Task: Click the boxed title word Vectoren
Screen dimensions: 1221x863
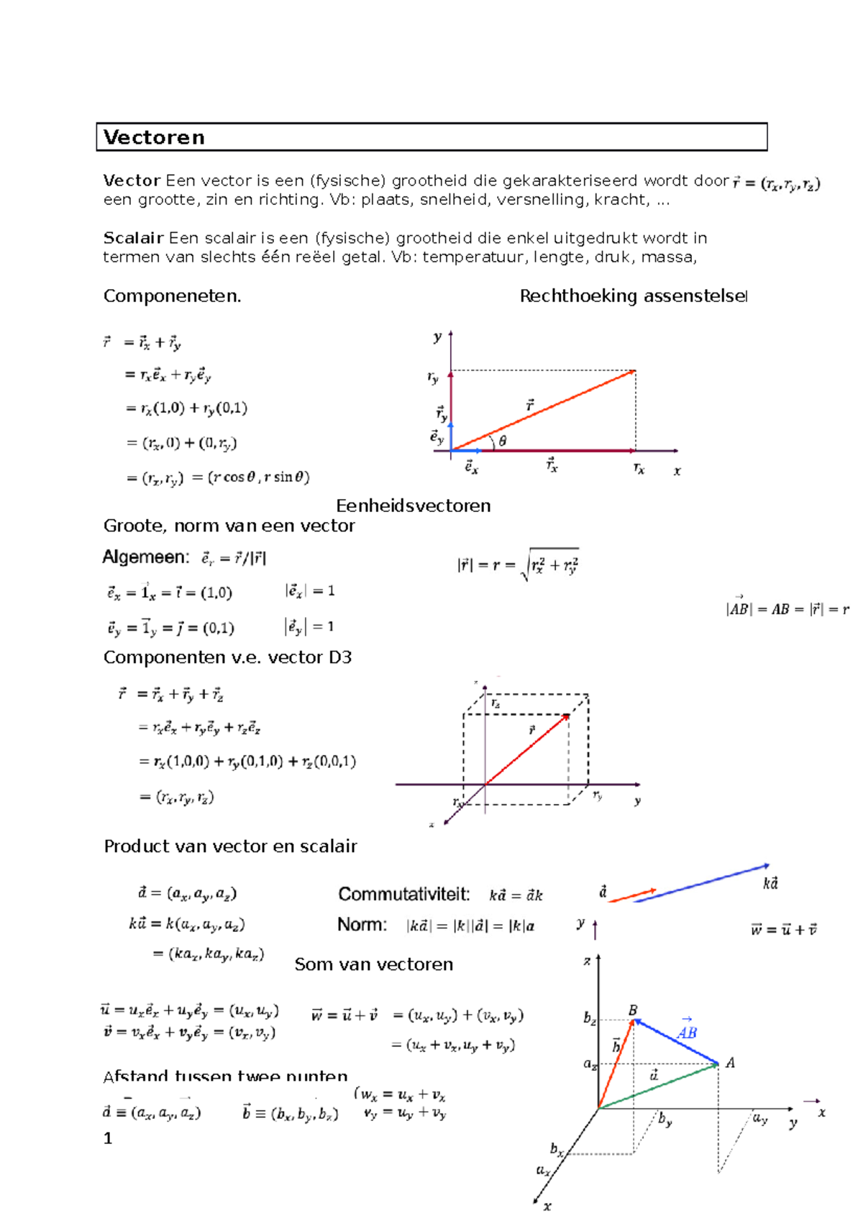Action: (154, 137)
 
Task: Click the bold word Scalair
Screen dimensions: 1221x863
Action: (133, 238)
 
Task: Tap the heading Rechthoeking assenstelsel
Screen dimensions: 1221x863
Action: (633, 296)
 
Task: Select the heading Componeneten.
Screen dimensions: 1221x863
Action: (172, 296)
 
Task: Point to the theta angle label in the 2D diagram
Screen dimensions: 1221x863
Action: (502, 442)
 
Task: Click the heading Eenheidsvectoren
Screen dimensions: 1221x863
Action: (413, 506)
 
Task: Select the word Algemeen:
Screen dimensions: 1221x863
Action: (145, 557)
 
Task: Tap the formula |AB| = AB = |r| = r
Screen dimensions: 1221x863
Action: (787, 609)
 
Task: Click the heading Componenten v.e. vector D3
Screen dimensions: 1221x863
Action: (227, 657)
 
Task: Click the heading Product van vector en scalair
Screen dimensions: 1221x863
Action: (230, 846)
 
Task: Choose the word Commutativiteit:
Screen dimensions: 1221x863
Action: (403, 895)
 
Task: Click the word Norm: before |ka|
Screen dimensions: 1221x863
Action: (362, 925)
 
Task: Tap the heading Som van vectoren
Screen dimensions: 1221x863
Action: (373, 964)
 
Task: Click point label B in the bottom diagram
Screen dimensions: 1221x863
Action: (633, 1010)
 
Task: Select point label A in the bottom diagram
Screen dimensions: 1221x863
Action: (730, 1063)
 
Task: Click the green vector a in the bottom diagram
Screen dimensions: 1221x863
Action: (658, 1086)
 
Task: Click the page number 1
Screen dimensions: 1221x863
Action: (108, 1138)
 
